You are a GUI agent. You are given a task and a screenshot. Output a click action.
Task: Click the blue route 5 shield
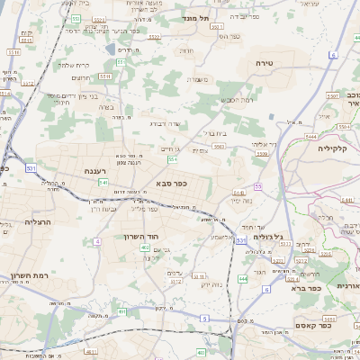(204, 319)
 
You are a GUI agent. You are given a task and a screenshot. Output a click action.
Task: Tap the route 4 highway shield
(97, 242)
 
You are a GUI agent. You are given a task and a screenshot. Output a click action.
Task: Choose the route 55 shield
(256, 186)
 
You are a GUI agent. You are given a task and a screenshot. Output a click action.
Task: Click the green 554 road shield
(172, 159)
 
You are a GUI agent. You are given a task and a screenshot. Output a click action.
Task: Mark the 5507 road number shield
(332, 94)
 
